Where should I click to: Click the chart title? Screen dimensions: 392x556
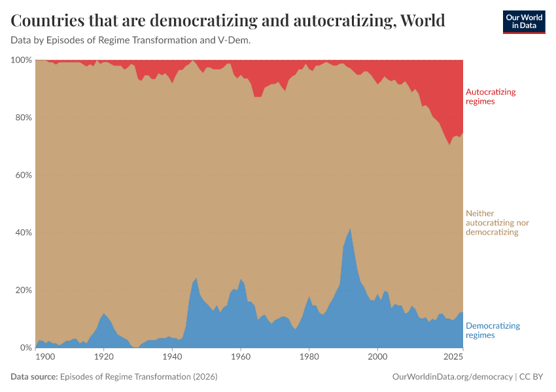tap(228, 21)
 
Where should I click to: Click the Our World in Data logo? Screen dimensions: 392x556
tap(523, 22)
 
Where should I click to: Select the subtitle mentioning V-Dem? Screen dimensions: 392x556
tap(131, 41)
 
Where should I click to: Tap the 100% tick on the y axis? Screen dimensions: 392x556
tap(22, 60)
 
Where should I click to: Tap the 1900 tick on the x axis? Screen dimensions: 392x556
tap(44, 357)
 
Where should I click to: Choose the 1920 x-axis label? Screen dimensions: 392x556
tap(103, 357)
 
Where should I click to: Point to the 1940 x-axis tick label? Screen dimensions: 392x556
tap(172, 357)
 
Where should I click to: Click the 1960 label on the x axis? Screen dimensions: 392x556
tap(241, 357)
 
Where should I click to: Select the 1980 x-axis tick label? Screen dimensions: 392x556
tap(309, 357)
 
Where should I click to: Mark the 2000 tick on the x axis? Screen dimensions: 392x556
tap(377, 357)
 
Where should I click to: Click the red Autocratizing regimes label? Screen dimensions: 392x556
tap(490, 97)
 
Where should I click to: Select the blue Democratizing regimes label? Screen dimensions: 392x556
tap(492, 330)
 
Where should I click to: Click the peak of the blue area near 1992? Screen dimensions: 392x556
tap(351, 229)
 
